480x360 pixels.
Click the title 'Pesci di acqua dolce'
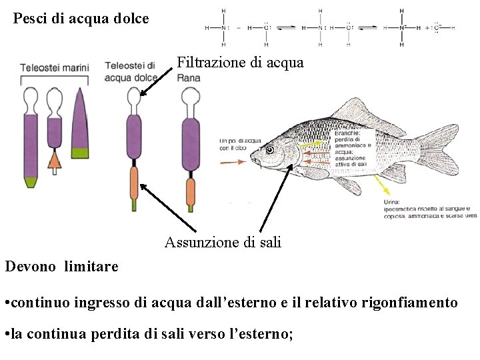pyautogui.click(x=81, y=19)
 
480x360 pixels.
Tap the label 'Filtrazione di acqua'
pyautogui.click(x=240, y=63)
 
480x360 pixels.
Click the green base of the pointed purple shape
pyautogui.click(x=81, y=151)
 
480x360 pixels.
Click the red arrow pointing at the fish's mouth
pyautogui.click(x=235, y=160)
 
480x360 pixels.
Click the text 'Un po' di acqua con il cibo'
pyautogui.click(x=240, y=145)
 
